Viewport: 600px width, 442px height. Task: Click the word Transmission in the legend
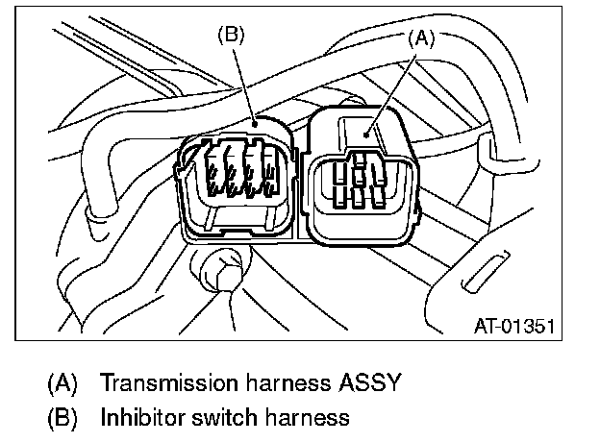pyautogui.click(x=162, y=382)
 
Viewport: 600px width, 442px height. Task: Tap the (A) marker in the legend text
pyautogui.click(x=62, y=382)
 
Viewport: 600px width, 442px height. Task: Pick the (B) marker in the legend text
pyautogui.click(x=62, y=417)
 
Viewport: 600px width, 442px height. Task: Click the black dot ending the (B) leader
pyautogui.click(x=254, y=123)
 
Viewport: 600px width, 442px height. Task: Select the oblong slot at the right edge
pyautogui.click(x=489, y=272)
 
